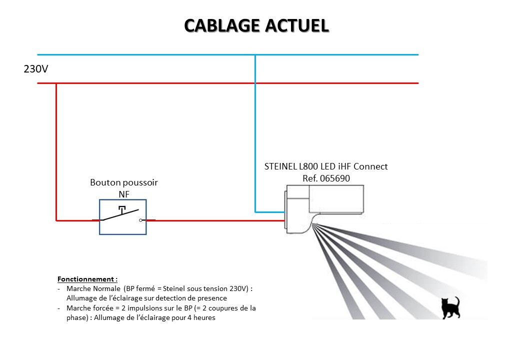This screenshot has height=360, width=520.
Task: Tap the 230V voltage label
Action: click(36, 69)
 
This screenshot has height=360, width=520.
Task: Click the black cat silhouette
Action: click(450, 307)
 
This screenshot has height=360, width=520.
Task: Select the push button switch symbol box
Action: click(123, 217)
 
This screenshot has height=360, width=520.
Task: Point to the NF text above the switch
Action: click(123, 193)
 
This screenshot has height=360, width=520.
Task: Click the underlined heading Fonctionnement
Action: click(87, 279)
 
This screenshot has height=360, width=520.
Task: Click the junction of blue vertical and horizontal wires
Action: click(255, 54)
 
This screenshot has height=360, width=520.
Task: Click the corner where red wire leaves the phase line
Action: click(56, 83)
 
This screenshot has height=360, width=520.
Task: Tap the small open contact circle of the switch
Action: click(141, 220)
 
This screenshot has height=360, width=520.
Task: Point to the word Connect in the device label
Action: click(370, 166)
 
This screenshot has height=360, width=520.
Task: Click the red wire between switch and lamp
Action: click(215, 220)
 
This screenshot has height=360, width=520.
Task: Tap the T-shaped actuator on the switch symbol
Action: click(122, 207)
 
